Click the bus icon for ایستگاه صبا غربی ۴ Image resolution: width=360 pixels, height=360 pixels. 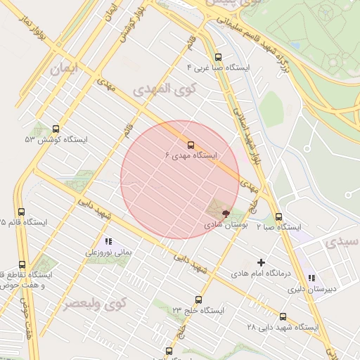pyautogui.click(x=217, y=58)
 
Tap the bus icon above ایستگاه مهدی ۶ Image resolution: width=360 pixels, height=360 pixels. pyautogui.click(x=191, y=145)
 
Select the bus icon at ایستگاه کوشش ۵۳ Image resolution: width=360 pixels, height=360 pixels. pyautogui.click(x=56, y=129)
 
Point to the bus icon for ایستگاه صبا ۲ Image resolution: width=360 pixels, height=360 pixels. pyautogui.click(x=278, y=217)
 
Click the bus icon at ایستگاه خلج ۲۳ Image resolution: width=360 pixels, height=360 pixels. pyautogui.click(x=198, y=300)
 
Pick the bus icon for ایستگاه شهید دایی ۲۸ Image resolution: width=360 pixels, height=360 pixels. pyautogui.click(x=283, y=316)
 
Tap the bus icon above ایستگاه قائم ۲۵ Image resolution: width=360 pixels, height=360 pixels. pyautogui.click(x=21, y=212)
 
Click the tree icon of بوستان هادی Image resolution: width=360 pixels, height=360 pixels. pyautogui.click(x=226, y=212)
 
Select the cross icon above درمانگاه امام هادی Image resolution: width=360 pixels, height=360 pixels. pyautogui.click(x=261, y=262)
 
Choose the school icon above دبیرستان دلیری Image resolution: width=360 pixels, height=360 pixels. pyautogui.click(x=311, y=278)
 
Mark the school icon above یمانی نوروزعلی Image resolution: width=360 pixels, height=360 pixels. pyautogui.click(x=108, y=242)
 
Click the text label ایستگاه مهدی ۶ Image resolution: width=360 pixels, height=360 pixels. pyautogui.click(x=191, y=155)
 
